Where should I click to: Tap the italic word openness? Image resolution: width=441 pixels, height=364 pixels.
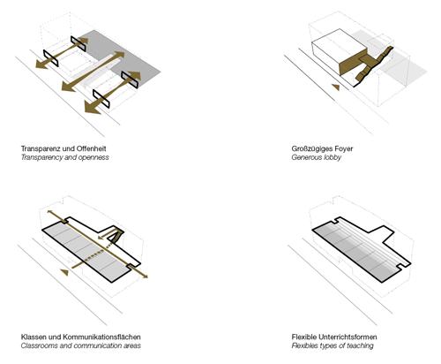click(93, 157)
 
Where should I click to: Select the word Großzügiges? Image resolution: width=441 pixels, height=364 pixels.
click(310, 148)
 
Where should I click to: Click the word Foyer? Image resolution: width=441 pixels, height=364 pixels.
click(342, 148)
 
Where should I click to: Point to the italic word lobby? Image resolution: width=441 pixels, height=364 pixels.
click(333, 157)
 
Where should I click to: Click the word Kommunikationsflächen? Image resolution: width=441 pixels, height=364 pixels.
click(101, 337)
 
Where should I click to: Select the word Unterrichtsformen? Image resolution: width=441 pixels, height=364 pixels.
click(348, 337)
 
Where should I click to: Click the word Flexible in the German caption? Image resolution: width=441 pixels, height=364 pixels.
click(304, 337)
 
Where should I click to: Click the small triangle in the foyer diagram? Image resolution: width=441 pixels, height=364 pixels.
click(336, 87)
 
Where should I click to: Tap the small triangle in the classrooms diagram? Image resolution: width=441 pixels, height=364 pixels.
click(64, 272)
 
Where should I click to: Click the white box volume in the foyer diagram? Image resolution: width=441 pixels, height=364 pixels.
click(340, 47)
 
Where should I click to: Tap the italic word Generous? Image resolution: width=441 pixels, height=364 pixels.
click(307, 157)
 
